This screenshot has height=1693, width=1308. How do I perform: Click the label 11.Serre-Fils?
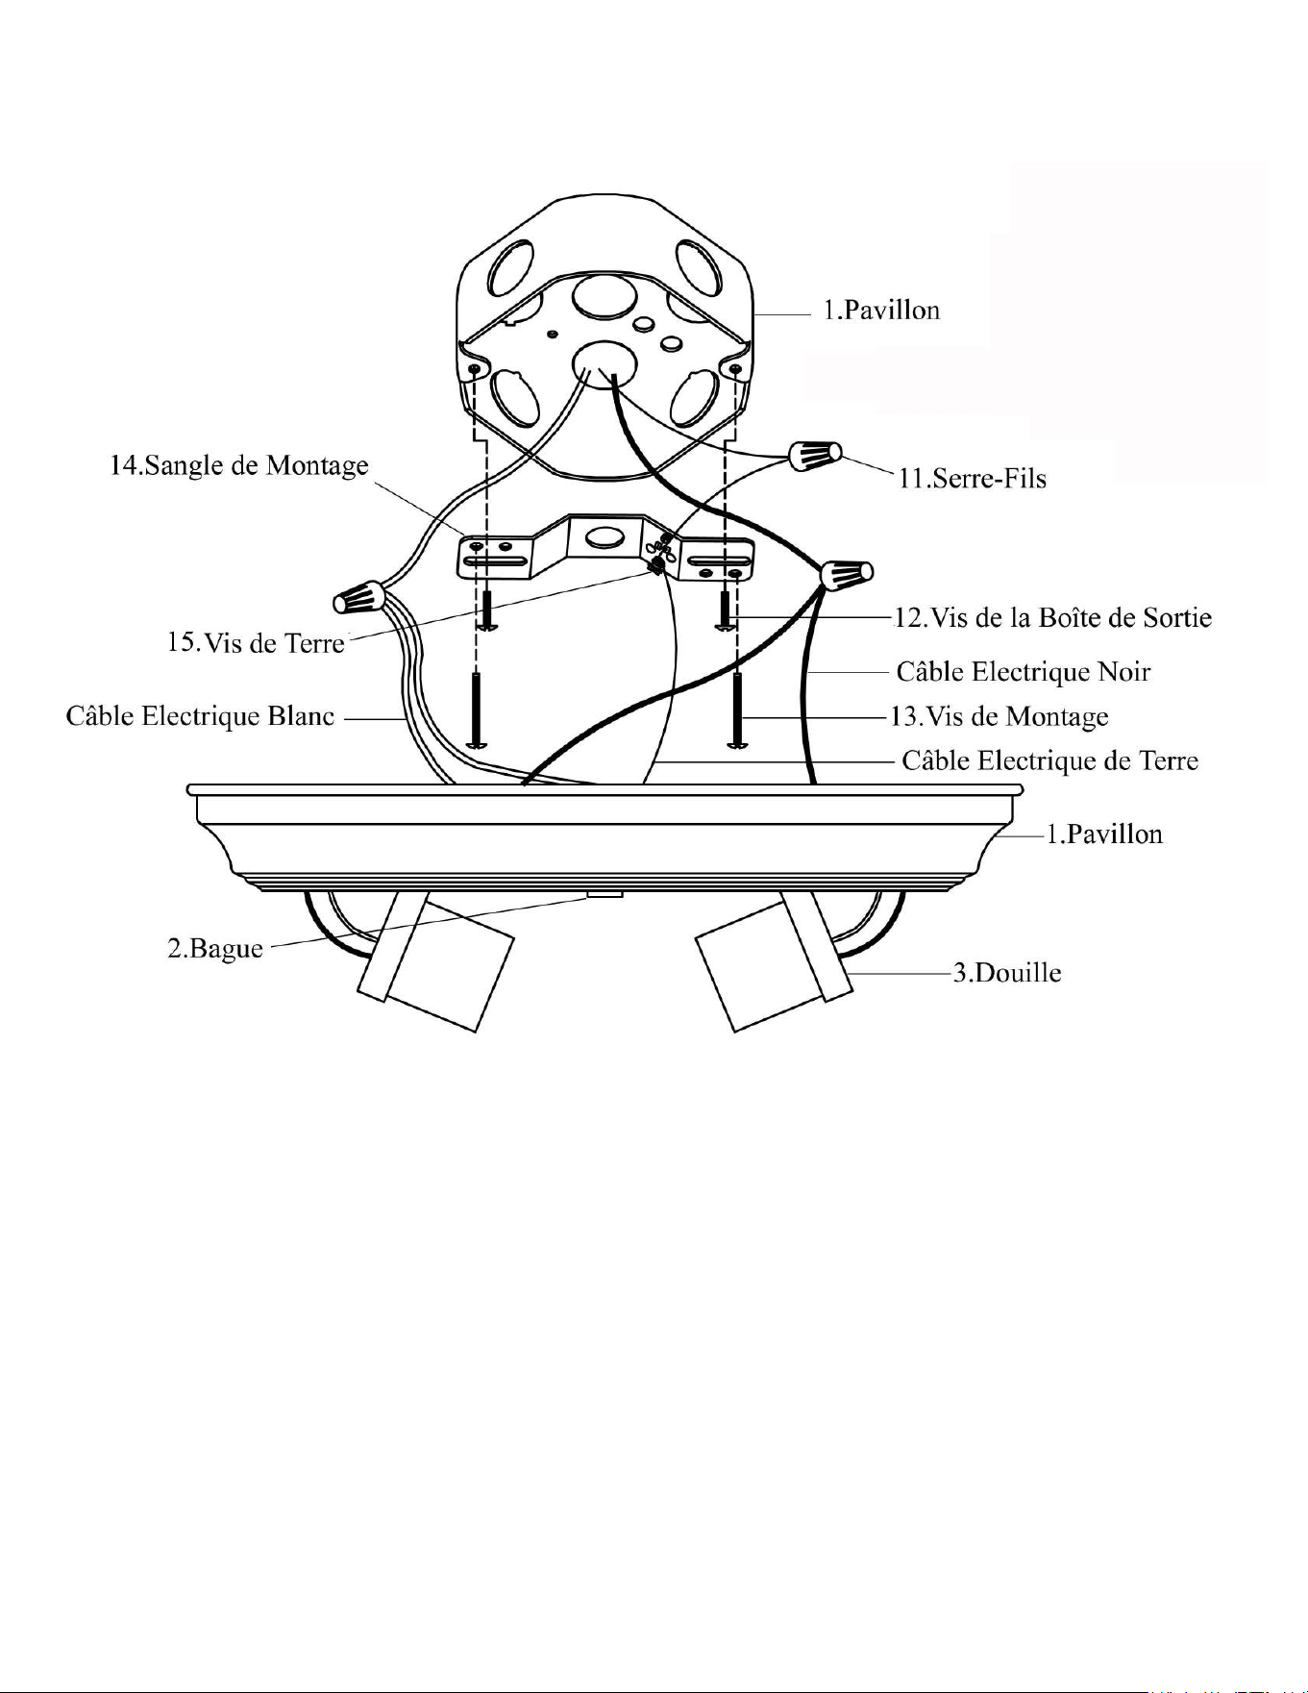(x=972, y=478)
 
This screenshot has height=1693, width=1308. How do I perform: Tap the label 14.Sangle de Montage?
(x=238, y=465)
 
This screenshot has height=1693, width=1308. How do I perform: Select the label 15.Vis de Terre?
(x=256, y=642)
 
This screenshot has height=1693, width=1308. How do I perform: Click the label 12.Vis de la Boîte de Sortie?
(x=1052, y=617)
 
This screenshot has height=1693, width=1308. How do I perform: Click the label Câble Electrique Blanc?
(x=200, y=716)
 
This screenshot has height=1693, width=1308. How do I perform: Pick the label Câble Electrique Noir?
(x=1024, y=671)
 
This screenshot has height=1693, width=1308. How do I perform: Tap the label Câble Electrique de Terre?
(x=1049, y=760)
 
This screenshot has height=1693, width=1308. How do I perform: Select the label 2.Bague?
(x=215, y=949)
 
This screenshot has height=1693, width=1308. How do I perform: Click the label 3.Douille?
(x=1007, y=973)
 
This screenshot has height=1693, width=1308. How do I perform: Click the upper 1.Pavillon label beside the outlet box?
(x=881, y=310)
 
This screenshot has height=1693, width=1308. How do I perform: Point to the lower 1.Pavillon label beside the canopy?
(x=1104, y=834)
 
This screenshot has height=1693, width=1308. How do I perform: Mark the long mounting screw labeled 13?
(x=736, y=710)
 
